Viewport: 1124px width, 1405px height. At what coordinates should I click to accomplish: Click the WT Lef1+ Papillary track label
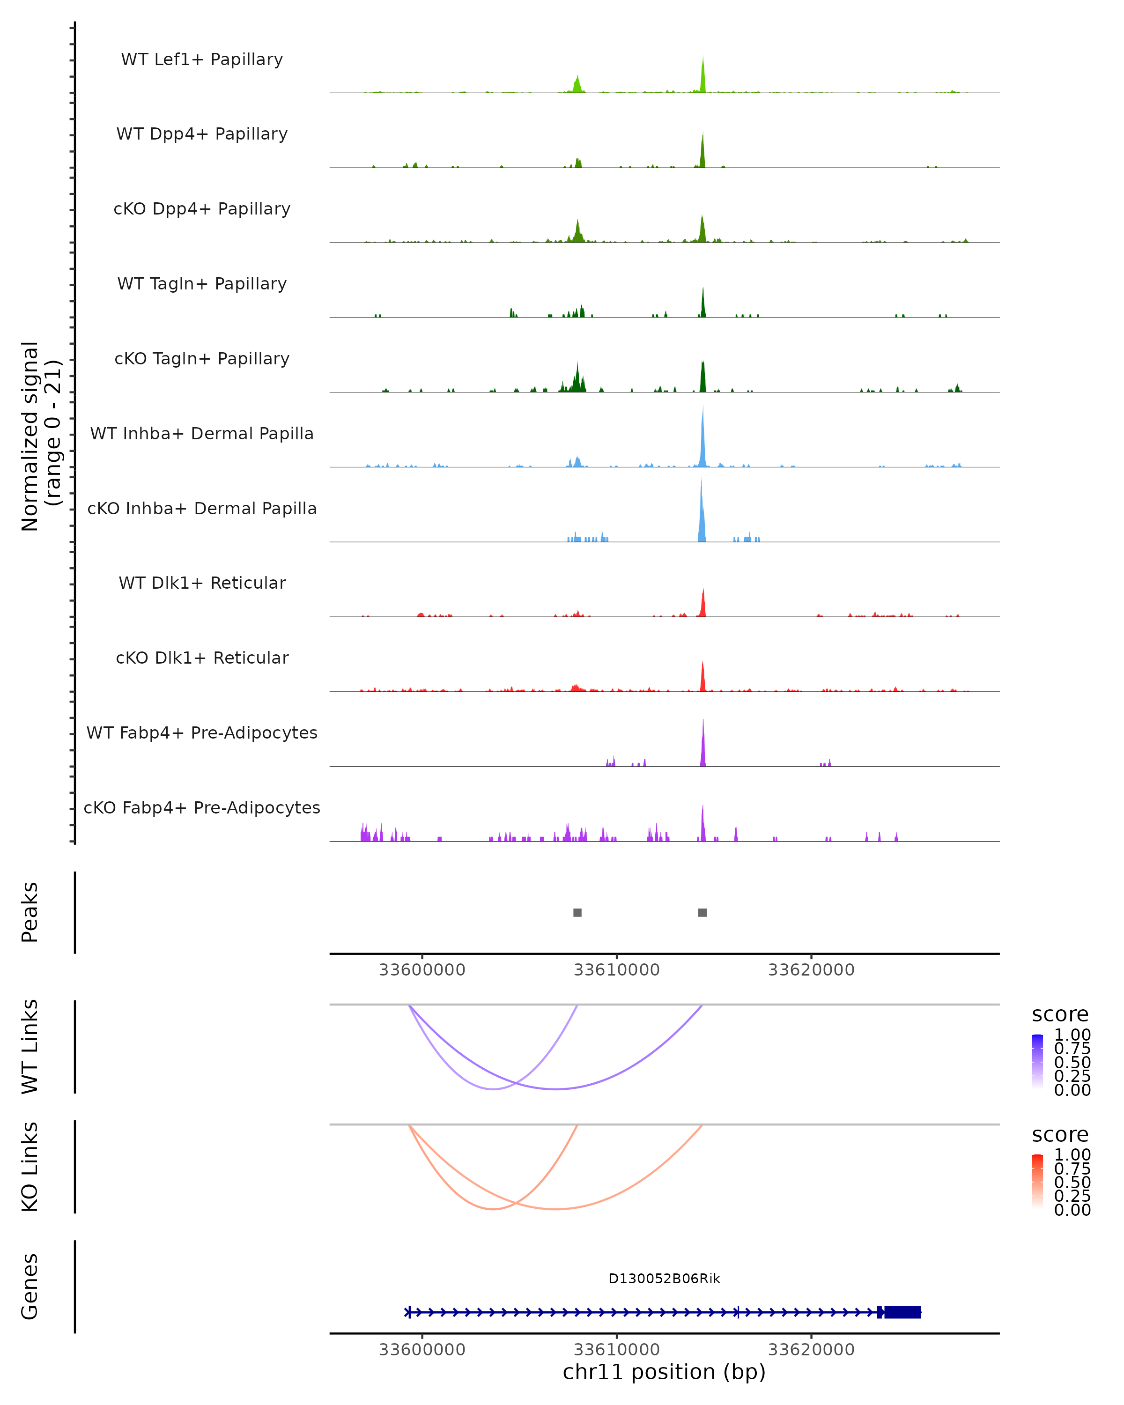202,59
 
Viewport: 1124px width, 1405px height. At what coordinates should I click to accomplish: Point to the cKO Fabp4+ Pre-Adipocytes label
202,807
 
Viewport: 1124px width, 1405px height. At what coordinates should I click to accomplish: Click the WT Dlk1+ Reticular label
202,583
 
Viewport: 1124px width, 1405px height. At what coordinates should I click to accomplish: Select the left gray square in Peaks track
577,912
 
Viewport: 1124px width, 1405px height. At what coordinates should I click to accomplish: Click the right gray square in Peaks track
702,912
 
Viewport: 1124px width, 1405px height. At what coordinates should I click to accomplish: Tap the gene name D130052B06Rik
664,1279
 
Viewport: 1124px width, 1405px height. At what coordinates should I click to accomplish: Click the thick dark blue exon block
902,1312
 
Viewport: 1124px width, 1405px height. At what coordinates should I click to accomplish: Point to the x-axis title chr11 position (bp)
664,1372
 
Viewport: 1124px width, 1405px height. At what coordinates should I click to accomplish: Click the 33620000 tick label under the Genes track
811,1349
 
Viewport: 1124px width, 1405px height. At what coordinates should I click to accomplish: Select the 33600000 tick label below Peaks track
422,970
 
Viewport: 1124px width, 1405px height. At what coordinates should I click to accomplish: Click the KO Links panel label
30,1167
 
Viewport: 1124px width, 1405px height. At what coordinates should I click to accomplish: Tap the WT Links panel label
30,1047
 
